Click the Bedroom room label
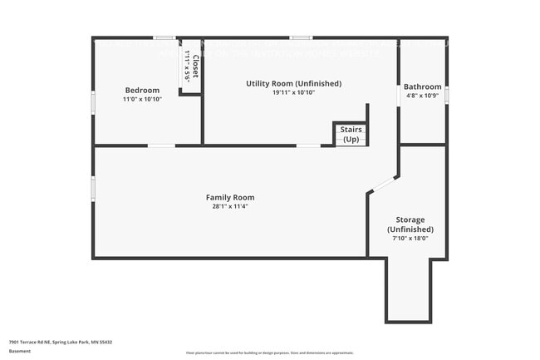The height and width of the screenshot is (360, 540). tap(142, 90)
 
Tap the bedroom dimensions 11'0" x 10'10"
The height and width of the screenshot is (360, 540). tap(142, 99)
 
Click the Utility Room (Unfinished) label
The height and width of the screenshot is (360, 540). tap(293, 83)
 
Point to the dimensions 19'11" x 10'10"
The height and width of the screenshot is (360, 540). tap(293, 92)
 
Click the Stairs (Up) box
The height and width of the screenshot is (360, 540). tap(350, 135)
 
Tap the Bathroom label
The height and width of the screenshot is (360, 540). tap(422, 86)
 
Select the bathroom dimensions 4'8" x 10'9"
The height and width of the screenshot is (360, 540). tap(422, 96)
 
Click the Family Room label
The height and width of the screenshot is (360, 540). tap(230, 197)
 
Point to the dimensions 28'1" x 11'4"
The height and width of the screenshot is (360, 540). tap(230, 206)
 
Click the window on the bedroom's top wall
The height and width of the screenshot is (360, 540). tap(164, 37)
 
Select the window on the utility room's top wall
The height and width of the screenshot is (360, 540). tap(301, 37)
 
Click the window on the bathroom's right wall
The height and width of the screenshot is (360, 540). tap(446, 95)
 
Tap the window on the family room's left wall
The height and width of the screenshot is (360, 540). tap(93, 188)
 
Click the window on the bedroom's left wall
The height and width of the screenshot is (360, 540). tap(93, 100)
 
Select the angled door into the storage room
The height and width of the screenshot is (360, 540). tap(383, 184)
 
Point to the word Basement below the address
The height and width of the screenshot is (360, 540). tap(20, 351)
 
